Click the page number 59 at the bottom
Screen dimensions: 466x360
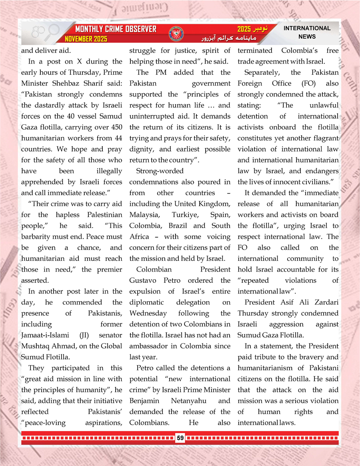[x=180, y=438]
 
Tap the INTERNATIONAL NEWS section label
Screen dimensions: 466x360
[x=307, y=32]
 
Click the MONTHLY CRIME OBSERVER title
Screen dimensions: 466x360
[x=116, y=30]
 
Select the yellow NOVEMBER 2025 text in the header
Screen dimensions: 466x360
[x=86, y=39]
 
